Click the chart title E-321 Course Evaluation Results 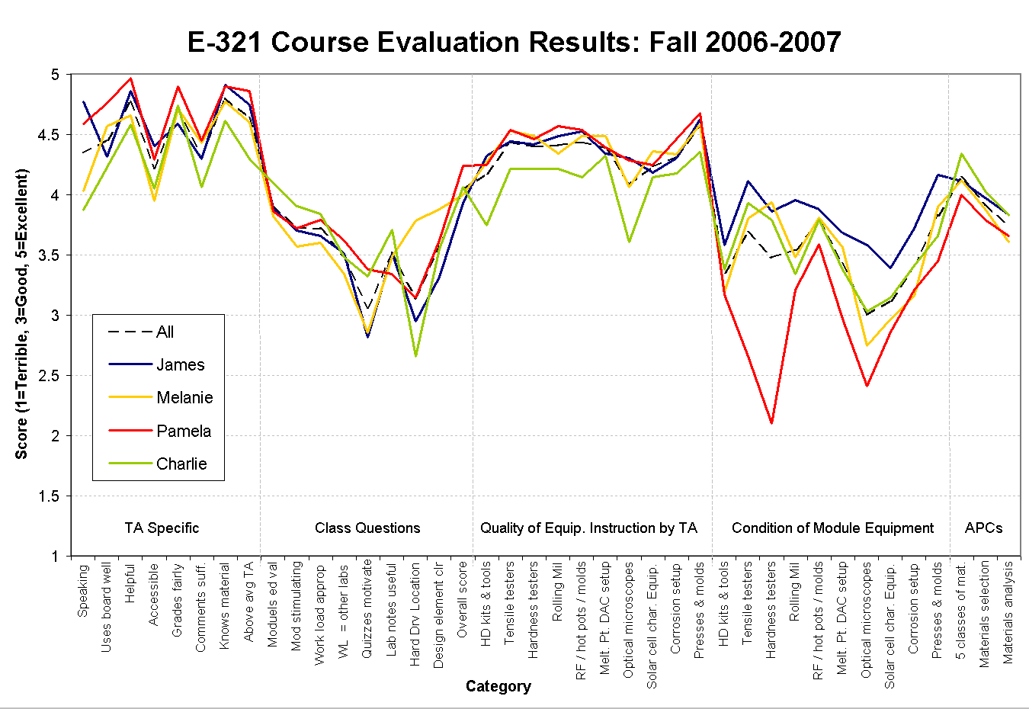pos(514,42)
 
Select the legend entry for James pos(180,364)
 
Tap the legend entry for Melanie pos(184,397)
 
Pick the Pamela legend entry pos(184,431)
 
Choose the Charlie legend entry pos(181,464)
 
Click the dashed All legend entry pos(165,332)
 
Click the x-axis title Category pos(498,686)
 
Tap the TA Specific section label pos(162,528)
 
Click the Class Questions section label pos(367,528)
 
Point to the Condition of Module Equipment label pos(832,528)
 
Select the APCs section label pos(983,528)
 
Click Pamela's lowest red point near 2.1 pos(771,422)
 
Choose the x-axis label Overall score pos(462,601)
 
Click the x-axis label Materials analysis pos(1008,612)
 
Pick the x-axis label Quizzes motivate pos(367,608)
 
